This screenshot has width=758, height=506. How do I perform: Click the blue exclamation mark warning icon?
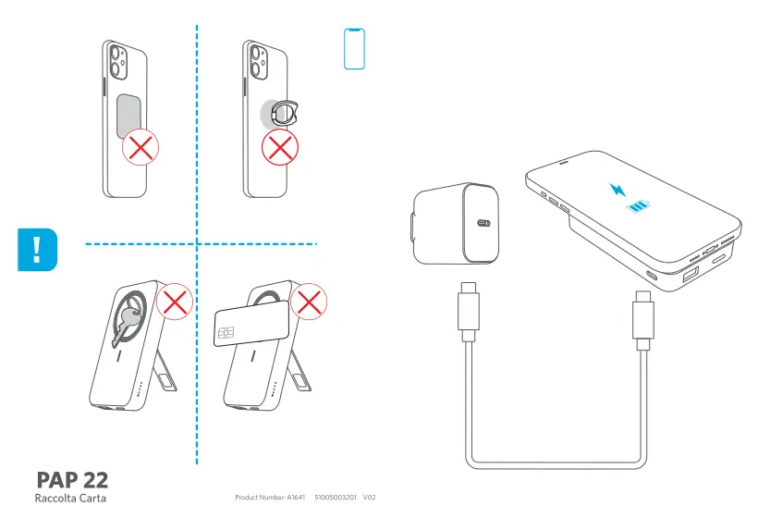click(37, 250)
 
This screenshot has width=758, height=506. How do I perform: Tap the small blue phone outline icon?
click(354, 48)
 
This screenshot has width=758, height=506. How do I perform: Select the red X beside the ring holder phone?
click(279, 148)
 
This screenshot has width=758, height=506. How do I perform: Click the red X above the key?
click(172, 301)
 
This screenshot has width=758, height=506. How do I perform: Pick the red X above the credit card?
click(309, 301)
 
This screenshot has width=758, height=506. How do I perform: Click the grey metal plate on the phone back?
click(129, 114)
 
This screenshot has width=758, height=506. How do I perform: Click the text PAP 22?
click(72, 479)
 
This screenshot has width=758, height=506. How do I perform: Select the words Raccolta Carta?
click(70, 498)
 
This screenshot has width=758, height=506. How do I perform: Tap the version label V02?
click(369, 498)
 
